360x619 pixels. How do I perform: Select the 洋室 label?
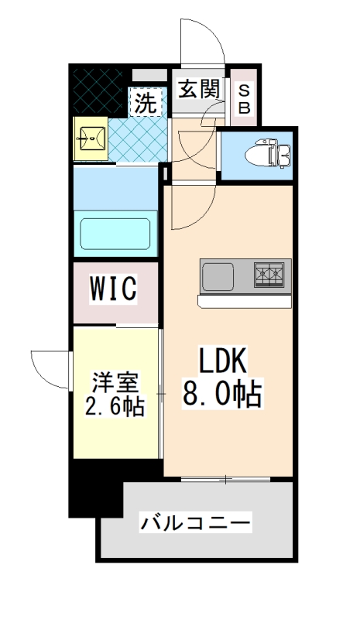click(x=116, y=381)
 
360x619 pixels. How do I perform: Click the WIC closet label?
click(x=114, y=289)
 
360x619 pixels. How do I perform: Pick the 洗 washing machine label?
click(x=146, y=101)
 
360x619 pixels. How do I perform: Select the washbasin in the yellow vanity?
click(x=91, y=139)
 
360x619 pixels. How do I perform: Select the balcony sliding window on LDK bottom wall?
click(x=225, y=480)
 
